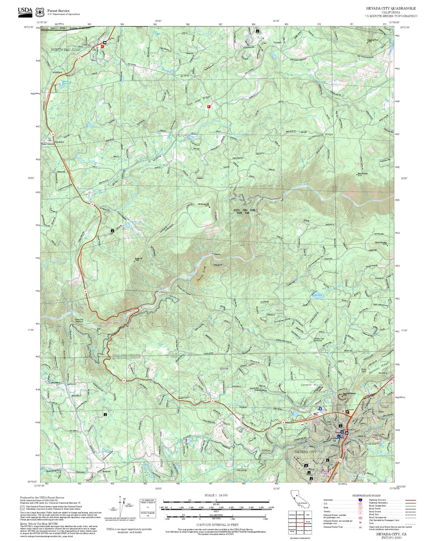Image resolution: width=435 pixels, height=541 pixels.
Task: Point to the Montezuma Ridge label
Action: click(321, 136)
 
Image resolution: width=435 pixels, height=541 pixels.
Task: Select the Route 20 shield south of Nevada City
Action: click(340, 460)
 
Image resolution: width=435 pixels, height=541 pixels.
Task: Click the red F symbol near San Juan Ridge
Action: click(209, 106)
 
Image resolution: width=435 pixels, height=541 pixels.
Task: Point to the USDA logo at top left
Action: click(25, 11)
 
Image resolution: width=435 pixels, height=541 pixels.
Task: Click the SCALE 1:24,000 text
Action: click(216, 495)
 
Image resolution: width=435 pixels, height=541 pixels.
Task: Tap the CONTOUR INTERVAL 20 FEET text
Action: click(217, 525)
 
